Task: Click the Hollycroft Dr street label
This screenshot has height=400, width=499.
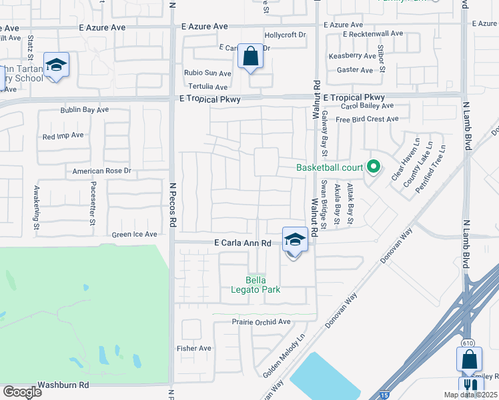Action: point(285,34)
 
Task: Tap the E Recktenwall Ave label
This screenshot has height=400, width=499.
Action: point(373,33)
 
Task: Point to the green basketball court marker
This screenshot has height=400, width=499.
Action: point(374,167)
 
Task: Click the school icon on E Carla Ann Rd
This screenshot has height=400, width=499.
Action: point(294,239)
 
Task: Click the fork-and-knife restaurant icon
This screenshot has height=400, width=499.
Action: point(471,385)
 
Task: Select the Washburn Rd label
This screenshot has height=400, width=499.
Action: point(63,385)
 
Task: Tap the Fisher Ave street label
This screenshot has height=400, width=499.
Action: point(193,348)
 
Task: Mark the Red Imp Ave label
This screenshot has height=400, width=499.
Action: point(63,135)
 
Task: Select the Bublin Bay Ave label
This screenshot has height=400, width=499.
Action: point(84,109)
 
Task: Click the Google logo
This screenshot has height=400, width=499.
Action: point(21,391)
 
